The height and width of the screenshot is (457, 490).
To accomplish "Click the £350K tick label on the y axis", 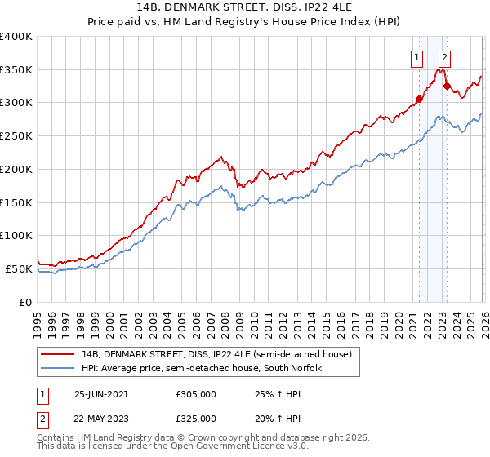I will pyautogui.click(x=16, y=70).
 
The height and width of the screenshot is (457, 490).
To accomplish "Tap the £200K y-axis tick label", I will pyautogui.click(x=16, y=169).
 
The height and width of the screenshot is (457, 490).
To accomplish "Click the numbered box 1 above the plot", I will pyautogui.click(x=417, y=57).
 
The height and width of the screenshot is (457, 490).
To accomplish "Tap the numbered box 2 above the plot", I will pyautogui.click(x=444, y=57).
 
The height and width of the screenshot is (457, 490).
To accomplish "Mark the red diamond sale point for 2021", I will pyautogui.click(x=419, y=100).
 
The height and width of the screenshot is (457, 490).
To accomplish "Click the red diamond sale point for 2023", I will pyautogui.click(x=447, y=86).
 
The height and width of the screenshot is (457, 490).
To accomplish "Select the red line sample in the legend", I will pyautogui.click(x=58, y=354).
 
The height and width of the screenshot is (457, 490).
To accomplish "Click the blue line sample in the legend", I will pyautogui.click(x=58, y=368).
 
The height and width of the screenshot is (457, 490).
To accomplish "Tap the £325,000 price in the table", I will pyautogui.click(x=196, y=418).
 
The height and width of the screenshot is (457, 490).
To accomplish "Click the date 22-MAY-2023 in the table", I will pyautogui.click(x=101, y=418).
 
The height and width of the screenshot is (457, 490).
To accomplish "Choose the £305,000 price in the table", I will pyautogui.click(x=196, y=393).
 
